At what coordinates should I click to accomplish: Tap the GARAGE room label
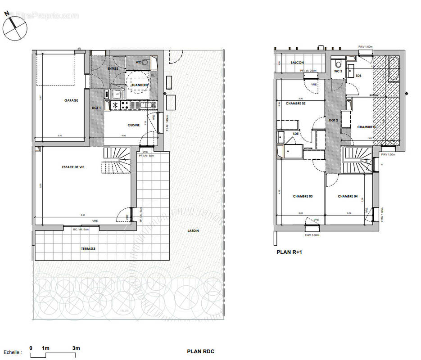pyautogui.click(x=71, y=100)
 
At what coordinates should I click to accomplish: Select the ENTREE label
pyautogui.click(x=113, y=68)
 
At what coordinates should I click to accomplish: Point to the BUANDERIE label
pyautogui.click(x=138, y=85)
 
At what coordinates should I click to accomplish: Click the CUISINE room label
pyautogui.click(x=133, y=125)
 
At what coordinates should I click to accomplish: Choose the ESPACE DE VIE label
pyautogui.click(x=73, y=167)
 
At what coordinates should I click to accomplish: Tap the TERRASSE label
pyautogui.click(x=88, y=248)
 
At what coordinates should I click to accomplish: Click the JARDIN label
pyautogui.click(x=194, y=231)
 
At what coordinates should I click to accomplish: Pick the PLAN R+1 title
pyautogui.click(x=289, y=252)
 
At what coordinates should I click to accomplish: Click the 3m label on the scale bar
pyautogui.click(x=76, y=348)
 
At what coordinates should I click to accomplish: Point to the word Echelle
pyautogui.click(x=12, y=352)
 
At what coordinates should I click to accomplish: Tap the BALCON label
pyautogui.click(x=297, y=63)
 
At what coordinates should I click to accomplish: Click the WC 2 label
pyautogui.click(x=339, y=72)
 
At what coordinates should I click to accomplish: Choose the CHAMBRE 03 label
pyautogui.click(x=303, y=196)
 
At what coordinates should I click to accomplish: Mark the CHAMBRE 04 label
pyautogui.click(x=347, y=196)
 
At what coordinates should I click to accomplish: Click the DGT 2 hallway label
pyautogui.click(x=333, y=120)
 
